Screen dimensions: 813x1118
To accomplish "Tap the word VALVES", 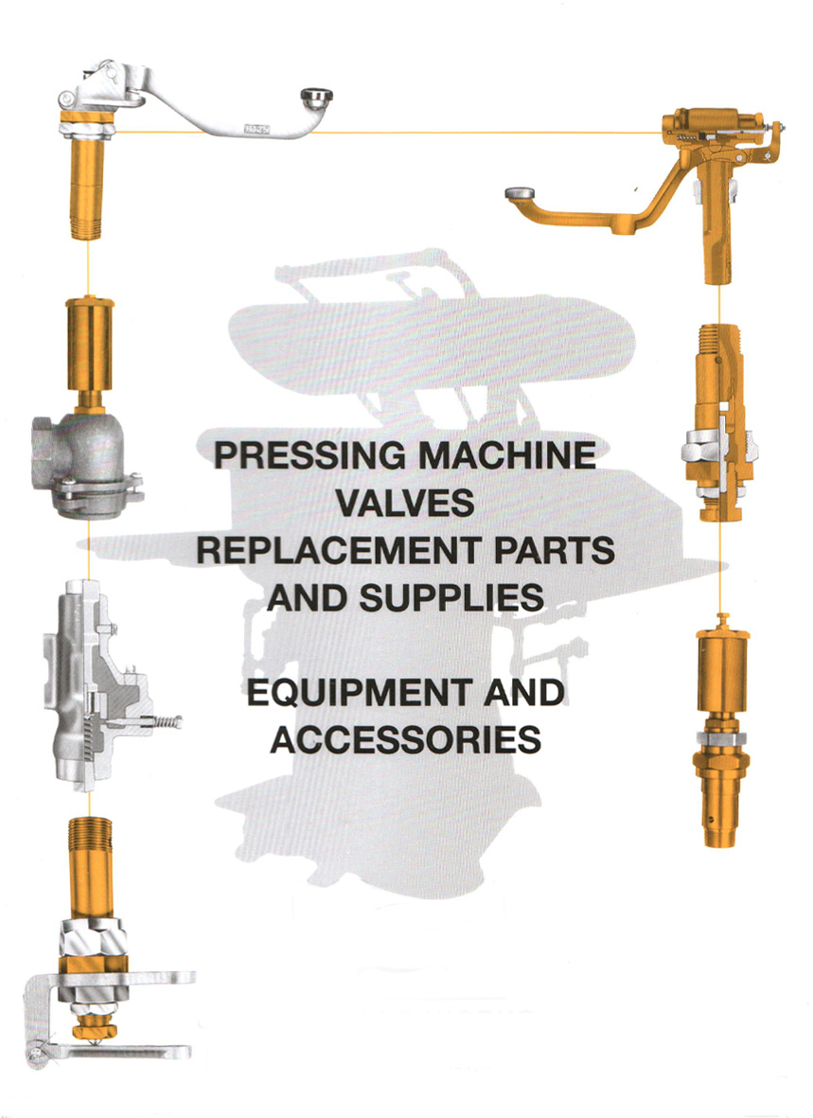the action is pos(404,503).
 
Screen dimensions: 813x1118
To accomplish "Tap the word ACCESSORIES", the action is pos(406,740).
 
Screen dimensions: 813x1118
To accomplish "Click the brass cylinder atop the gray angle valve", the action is pos(90,349).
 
